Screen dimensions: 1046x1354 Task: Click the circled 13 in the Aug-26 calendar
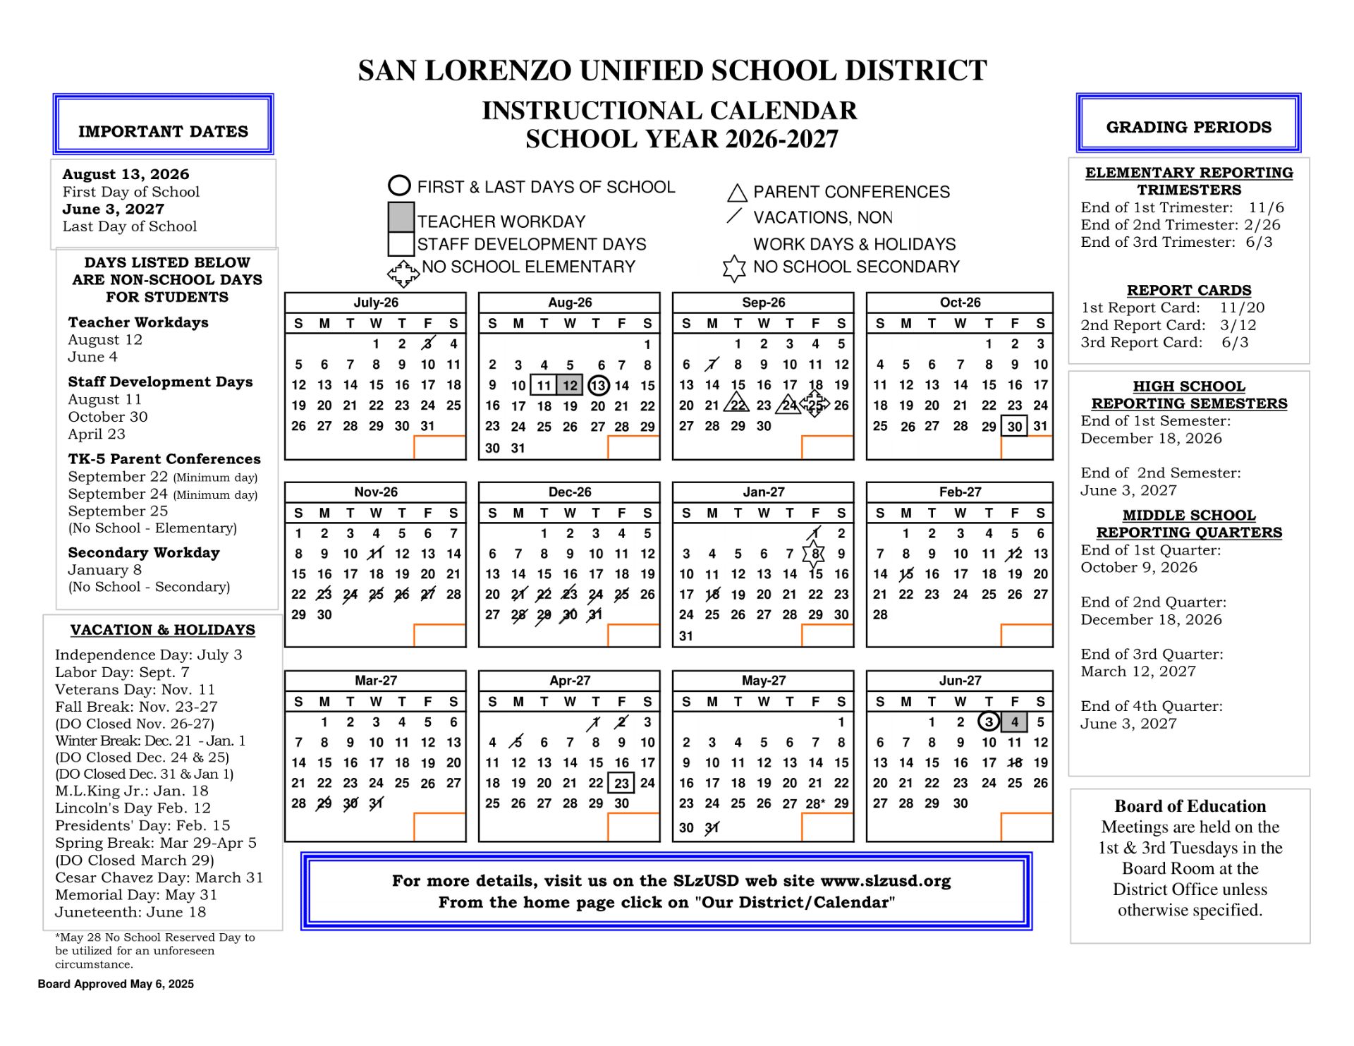point(598,385)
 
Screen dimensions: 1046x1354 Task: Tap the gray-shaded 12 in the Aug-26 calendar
point(570,385)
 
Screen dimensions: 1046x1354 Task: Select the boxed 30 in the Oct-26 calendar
point(1014,426)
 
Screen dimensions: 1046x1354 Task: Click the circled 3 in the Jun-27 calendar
point(989,722)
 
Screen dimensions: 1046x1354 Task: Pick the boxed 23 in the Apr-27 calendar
point(621,783)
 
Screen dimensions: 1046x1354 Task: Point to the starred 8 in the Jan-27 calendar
point(815,554)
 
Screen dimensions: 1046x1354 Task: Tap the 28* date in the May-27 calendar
point(815,803)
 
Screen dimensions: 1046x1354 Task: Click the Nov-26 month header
point(375,492)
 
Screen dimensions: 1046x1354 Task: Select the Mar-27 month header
point(375,681)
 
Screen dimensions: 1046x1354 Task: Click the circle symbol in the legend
point(399,186)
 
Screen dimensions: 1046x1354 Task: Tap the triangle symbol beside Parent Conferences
point(737,193)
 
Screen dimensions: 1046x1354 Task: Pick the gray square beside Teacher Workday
point(401,217)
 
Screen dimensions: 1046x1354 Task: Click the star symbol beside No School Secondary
point(734,267)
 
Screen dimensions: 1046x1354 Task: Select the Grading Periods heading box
point(1188,127)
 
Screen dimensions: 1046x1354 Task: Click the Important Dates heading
point(163,131)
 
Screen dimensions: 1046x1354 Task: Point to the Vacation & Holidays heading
point(163,630)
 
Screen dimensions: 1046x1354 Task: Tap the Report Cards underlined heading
point(1189,290)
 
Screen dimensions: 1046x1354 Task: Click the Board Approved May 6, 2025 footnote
point(116,984)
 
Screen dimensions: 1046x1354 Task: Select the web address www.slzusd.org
point(886,881)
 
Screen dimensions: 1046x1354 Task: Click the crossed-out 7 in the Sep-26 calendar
point(712,365)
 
